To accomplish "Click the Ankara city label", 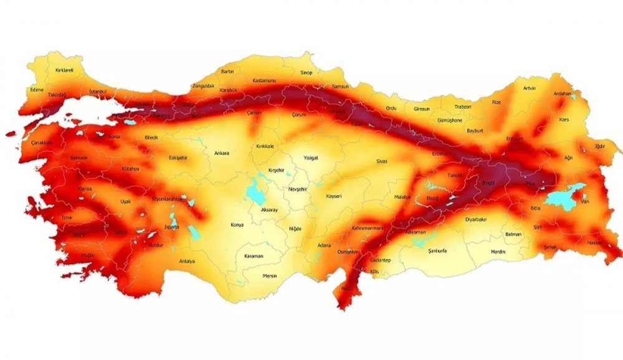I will point(222,153).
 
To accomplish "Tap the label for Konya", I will point(237,224).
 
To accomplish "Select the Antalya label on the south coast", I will point(187,261).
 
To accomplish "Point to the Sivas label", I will point(381,161).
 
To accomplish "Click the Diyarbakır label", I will point(478,219).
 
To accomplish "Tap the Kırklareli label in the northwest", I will point(64,70).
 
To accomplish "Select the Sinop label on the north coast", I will point(306,72).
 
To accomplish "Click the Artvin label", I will point(529,88).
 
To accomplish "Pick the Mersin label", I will point(269,275).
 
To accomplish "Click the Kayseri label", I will point(334,196).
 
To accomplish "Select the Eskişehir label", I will point(178,158).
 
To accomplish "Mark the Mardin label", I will point(498,252).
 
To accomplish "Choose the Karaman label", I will point(254,256).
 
